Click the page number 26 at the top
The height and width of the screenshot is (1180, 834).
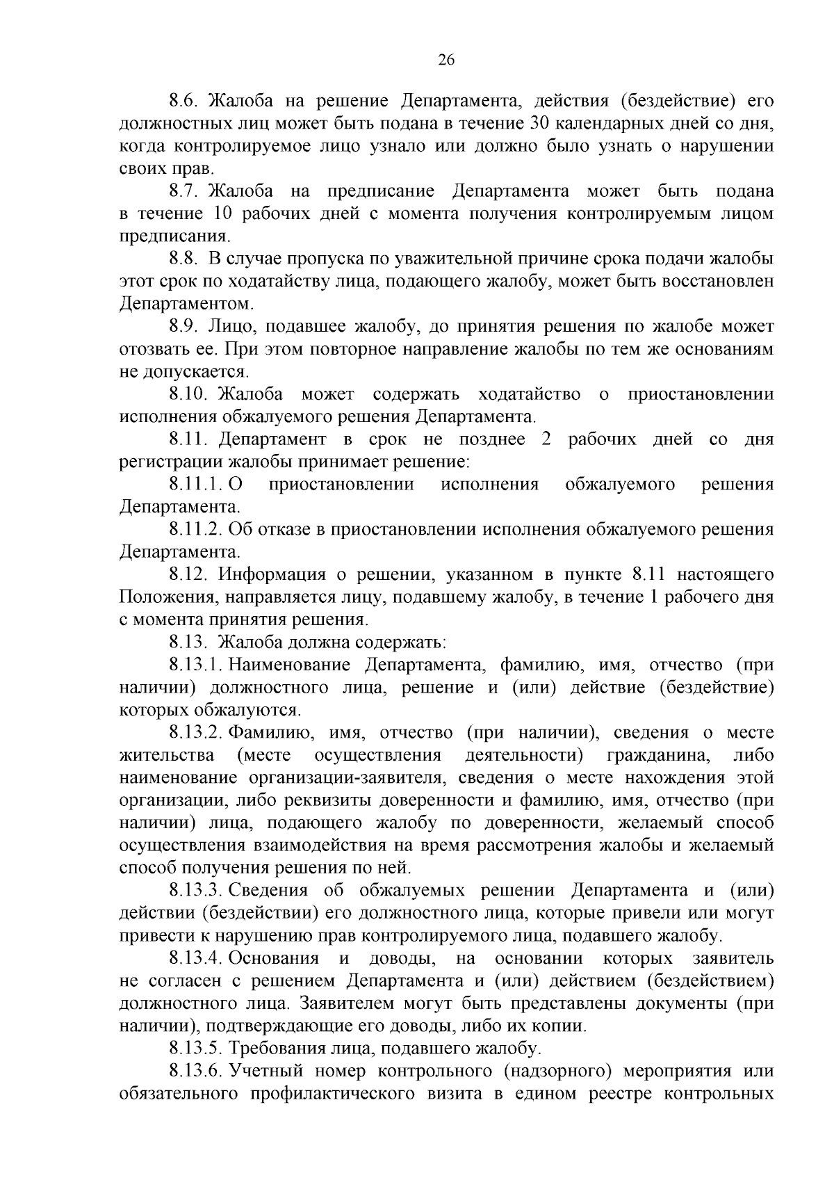(x=446, y=60)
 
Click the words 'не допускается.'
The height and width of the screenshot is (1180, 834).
(x=184, y=372)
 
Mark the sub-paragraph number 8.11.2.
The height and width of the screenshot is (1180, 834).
(x=195, y=530)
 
